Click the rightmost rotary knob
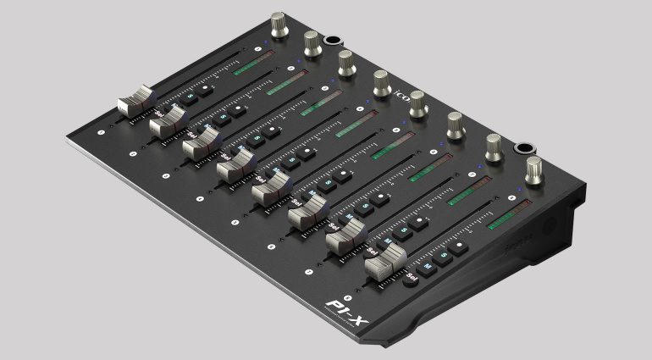(534, 169)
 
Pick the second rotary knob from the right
(493, 147)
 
